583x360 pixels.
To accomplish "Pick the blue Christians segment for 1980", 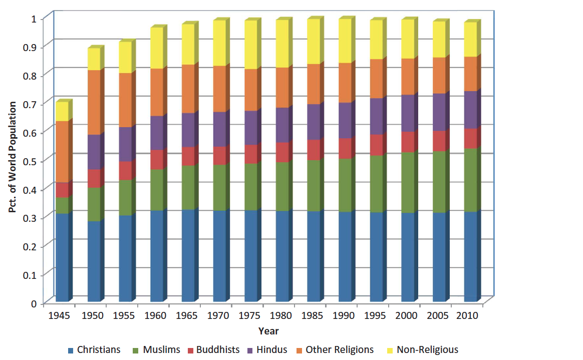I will point(282,256).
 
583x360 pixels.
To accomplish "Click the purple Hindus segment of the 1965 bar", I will point(188,130).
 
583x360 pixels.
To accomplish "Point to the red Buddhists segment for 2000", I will point(408,142).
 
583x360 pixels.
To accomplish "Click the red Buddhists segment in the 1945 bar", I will point(62,190).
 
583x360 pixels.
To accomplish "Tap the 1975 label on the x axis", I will point(249,316).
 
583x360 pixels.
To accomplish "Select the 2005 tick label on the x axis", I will point(437,316).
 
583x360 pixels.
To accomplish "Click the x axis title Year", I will point(268,331).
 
